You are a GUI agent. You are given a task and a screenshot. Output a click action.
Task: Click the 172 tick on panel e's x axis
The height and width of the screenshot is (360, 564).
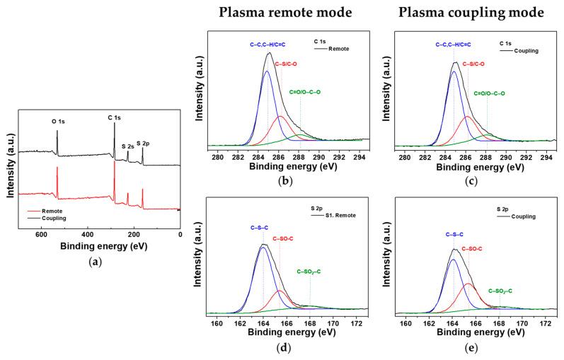pyautogui.click(x=546, y=322)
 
